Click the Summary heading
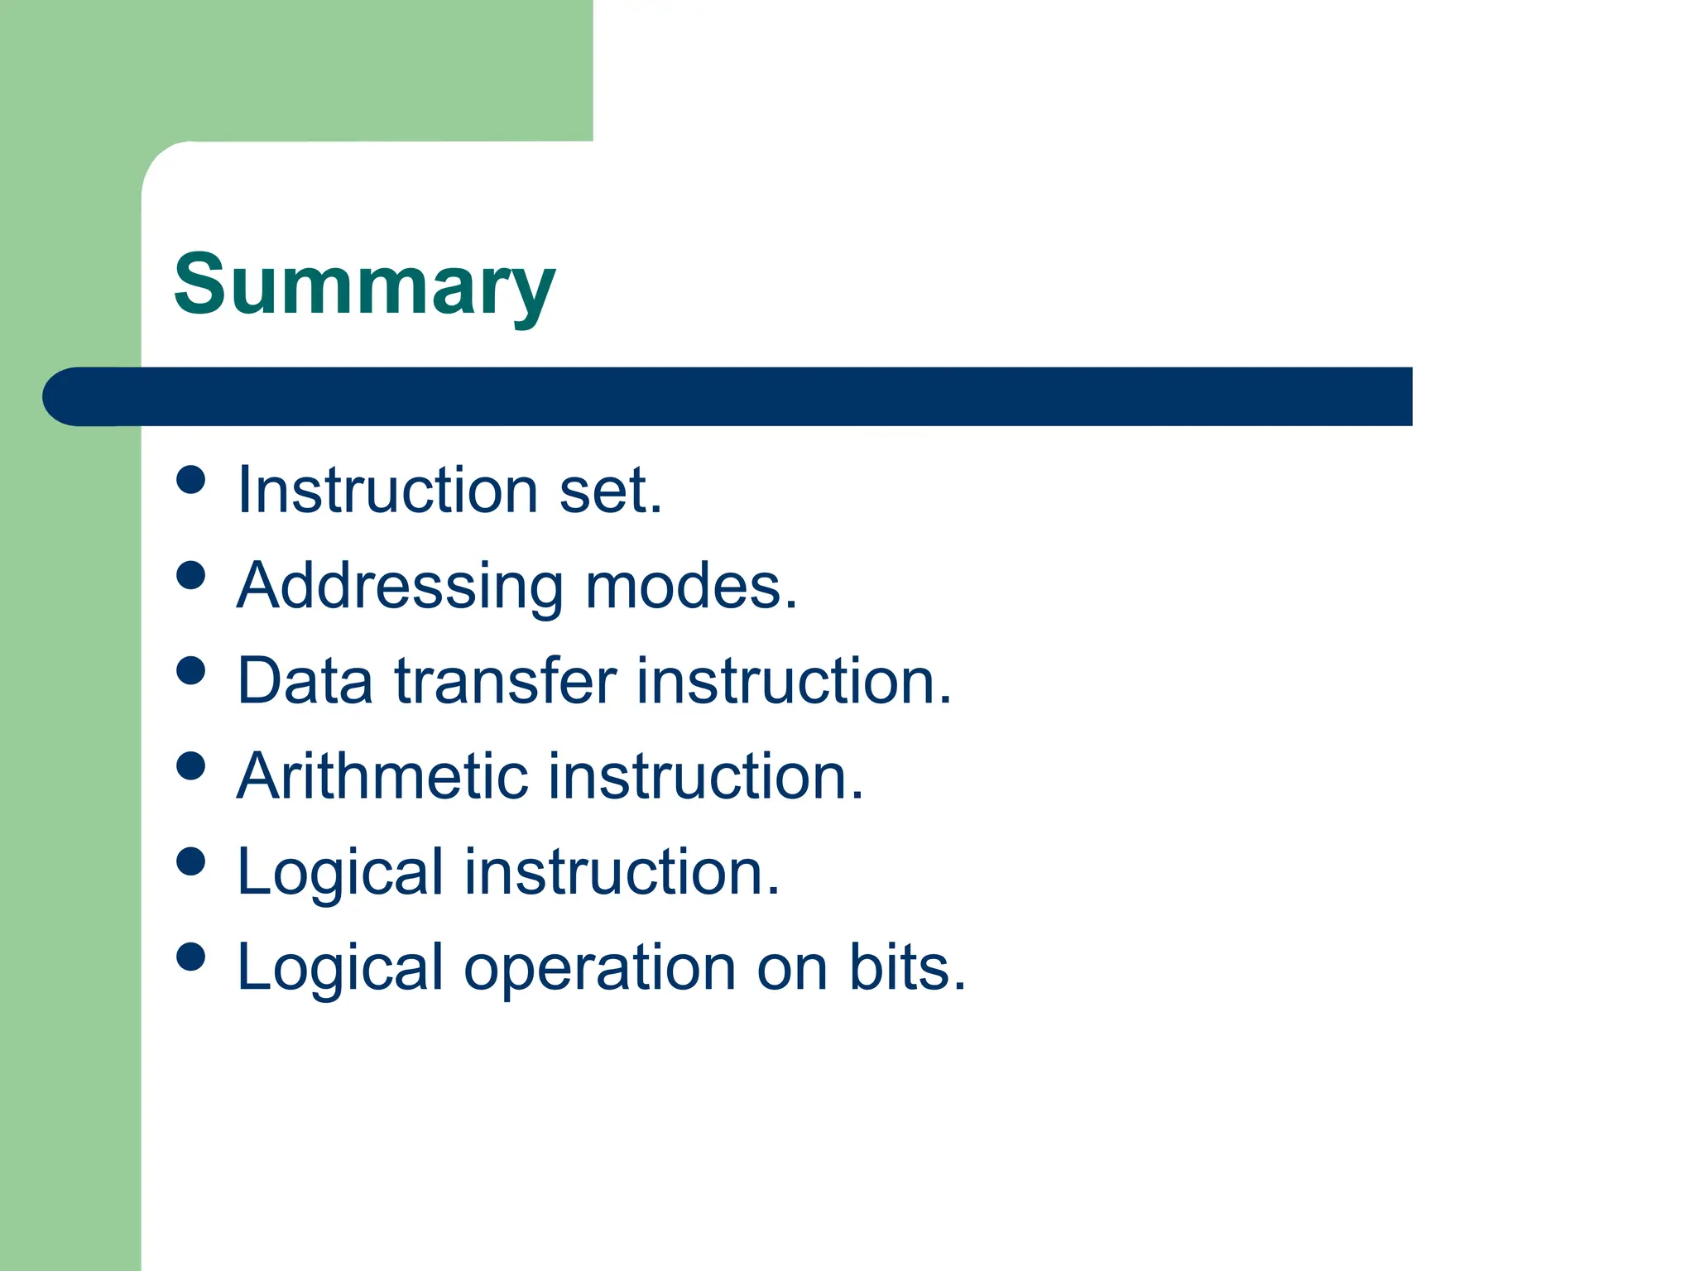point(364,285)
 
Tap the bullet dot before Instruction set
point(191,480)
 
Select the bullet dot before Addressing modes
point(191,575)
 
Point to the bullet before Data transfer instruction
point(191,670)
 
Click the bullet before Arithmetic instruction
point(191,765)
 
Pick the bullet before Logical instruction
point(191,861)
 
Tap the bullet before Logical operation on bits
point(191,957)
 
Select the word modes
point(691,586)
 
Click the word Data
point(305,681)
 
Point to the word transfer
point(506,681)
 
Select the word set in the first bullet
point(610,491)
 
